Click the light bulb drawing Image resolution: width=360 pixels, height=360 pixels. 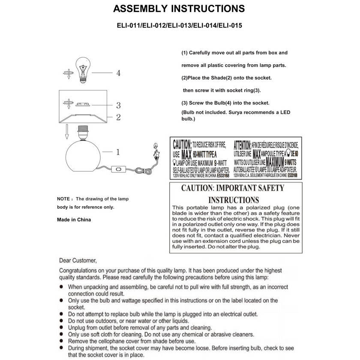point(84,70)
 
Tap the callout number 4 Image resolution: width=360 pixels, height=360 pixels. point(118,73)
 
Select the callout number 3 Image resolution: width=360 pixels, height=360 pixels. point(118,105)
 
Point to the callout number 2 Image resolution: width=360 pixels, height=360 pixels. point(118,117)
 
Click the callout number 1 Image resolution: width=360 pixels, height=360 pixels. point(118,152)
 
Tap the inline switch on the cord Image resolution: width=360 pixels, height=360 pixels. point(117,171)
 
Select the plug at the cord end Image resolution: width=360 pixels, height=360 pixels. point(157,150)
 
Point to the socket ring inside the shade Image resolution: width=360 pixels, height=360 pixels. point(84,104)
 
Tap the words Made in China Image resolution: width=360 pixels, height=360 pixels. point(74,219)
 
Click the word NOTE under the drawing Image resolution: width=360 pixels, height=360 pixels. point(63,199)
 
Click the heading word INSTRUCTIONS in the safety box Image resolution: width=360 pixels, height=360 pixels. point(234,200)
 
